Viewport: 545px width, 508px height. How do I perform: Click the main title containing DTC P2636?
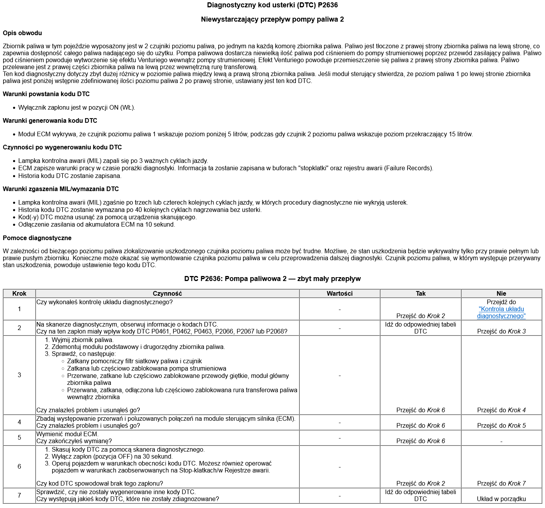pyautogui.click(x=272, y=5)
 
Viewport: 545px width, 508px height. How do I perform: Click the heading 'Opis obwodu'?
pyautogui.click(x=22, y=33)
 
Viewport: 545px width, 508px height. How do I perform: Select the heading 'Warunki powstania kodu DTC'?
pyautogui.click(x=46, y=94)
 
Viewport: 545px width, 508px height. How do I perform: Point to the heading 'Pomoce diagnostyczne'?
pyautogui.click(x=37, y=238)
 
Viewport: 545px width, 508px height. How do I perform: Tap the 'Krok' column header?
pyautogui.click(x=19, y=294)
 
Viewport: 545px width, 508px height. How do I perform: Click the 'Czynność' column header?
pyautogui.click(x=167, y=294)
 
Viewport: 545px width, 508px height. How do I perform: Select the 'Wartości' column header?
pyautogui.click(x=340, y=294)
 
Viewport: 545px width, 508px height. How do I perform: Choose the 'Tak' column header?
pyautogui.click(x=421, y=294)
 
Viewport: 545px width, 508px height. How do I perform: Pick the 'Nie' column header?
pyautogui.click(x=501, y=294)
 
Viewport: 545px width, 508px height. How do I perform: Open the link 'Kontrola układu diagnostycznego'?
pyautogui.click(x=501, y=313)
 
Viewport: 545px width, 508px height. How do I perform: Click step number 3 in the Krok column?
pyautogui.click(x=19, y=375)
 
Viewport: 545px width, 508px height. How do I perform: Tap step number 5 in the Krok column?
pyautogui.click(x=19, y=438)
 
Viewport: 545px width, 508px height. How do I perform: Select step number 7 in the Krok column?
pyautogui.click(x=19, y=496)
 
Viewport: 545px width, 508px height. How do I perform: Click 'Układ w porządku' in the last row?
pyautogui.click(x=501, y=499)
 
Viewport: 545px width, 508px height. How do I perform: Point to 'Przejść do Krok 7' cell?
pyautogui.click(x=501, y=484)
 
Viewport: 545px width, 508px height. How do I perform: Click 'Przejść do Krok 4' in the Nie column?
pyautogui.click(x=501, y=410)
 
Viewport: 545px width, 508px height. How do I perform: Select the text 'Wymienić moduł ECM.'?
pyautogui.click(x=67, y=434)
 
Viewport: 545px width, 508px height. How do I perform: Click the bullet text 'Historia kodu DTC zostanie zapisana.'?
pyautogui.click(x=70, y=176)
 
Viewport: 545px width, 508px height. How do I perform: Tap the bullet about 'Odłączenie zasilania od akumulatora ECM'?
pyautogui.click(x=97, y=225)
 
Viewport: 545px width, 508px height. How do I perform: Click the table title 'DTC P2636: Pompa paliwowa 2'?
pyautogui.click(x=272, y=279)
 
